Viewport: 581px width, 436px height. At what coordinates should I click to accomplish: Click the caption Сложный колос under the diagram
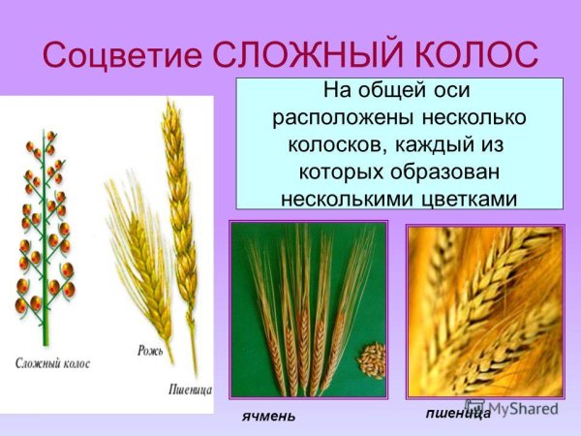[54, 363]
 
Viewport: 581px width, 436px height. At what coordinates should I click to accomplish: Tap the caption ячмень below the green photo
[268, 416]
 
